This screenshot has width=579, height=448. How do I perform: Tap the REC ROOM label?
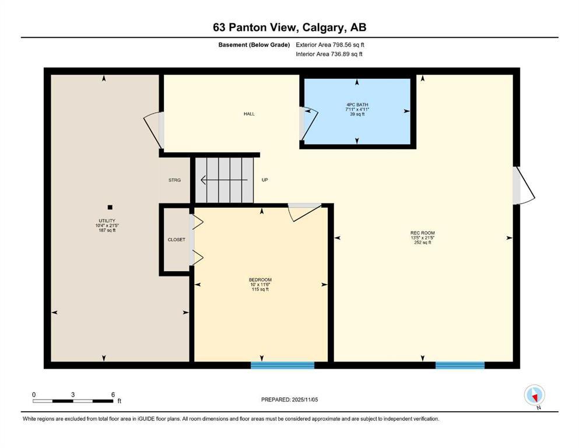[x=422, y=233]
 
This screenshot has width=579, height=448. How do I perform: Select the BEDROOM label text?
[x=260, y=279]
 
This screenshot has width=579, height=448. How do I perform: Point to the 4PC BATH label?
[x=357, y=104]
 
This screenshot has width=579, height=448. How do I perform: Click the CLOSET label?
[x=176, y=239]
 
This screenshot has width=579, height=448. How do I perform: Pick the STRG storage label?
[x=175, y=180]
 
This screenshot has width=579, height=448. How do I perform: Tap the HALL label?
[x=249, y=114]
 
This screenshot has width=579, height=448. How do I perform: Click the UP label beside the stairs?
[x=264, y=180]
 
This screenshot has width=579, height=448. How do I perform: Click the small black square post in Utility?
[x=110, y=206]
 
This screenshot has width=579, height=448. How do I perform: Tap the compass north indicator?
[x=535, y=395]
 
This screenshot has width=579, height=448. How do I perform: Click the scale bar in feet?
[x=73, y=401]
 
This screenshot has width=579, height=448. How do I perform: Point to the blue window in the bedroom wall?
[x=282, y=365]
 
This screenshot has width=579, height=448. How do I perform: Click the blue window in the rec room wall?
[x=459, y=365]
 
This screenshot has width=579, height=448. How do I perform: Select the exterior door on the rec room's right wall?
[x=522, y=186]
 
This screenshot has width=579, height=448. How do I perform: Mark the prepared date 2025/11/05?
[x=289, y=400]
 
